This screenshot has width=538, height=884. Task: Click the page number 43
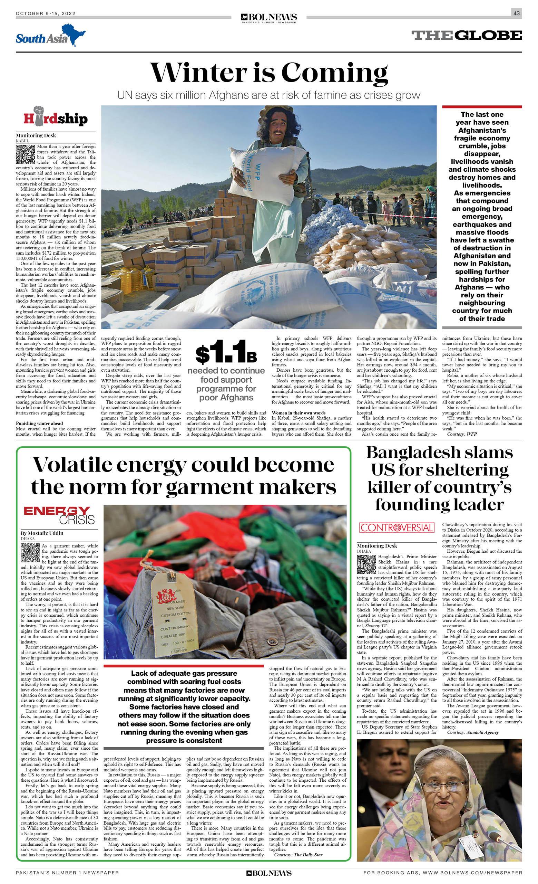tap(516, 13)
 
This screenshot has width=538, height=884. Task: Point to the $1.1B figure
tap(226, 353)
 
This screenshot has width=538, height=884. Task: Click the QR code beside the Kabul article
tap(26, 154)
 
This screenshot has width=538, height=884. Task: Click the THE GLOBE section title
tap(466, 35)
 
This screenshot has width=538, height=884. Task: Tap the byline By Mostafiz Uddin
tap(42, 533)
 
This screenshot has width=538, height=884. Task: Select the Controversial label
tap(397, 527)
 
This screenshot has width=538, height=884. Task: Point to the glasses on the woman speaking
tap(438, 786)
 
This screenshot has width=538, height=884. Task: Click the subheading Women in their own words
tap(298, 413)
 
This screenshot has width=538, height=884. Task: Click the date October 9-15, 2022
tap(46, 13)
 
